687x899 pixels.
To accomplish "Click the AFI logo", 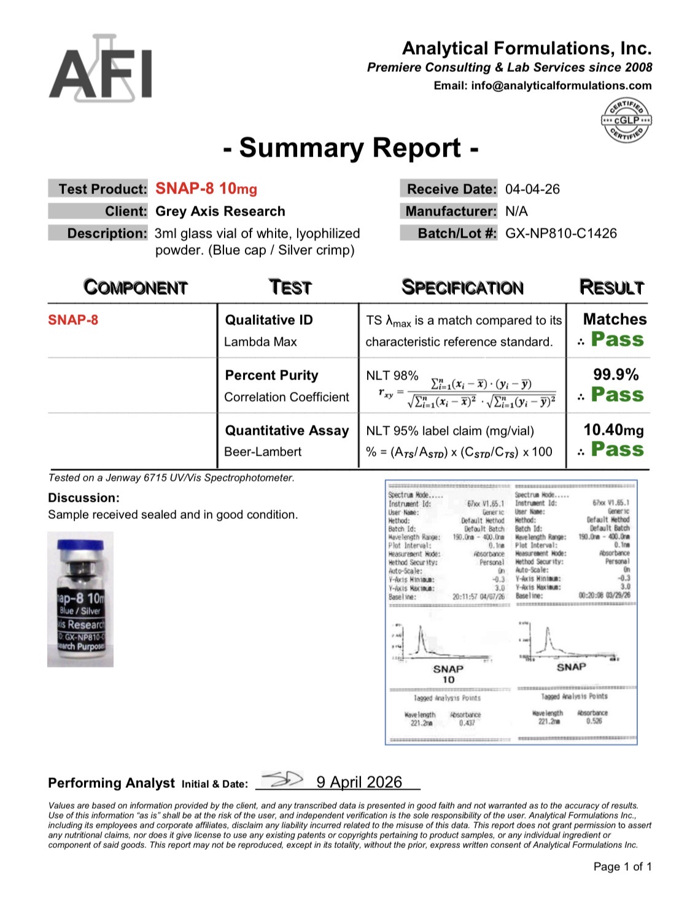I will pos(101,69).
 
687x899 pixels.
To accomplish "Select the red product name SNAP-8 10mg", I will pos(206,189).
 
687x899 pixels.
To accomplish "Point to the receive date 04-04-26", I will pos(532,189).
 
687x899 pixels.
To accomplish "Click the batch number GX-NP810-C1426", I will pos(561,233).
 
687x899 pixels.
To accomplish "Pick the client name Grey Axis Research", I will pos(220,211).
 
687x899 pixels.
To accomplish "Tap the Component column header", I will pos(135,287).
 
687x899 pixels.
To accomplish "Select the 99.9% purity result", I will pos(616,375).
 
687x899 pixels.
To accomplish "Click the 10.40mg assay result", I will pos(613,430).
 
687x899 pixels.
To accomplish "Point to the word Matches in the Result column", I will pos(615,319).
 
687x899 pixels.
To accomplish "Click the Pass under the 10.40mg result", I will pos(617,449).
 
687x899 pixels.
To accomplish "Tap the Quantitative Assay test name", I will pos(287,430).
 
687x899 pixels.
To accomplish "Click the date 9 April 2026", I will pos(359,782).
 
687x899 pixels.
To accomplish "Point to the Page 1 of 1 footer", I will pos(622,866).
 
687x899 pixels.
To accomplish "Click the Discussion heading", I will pos(83,498).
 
